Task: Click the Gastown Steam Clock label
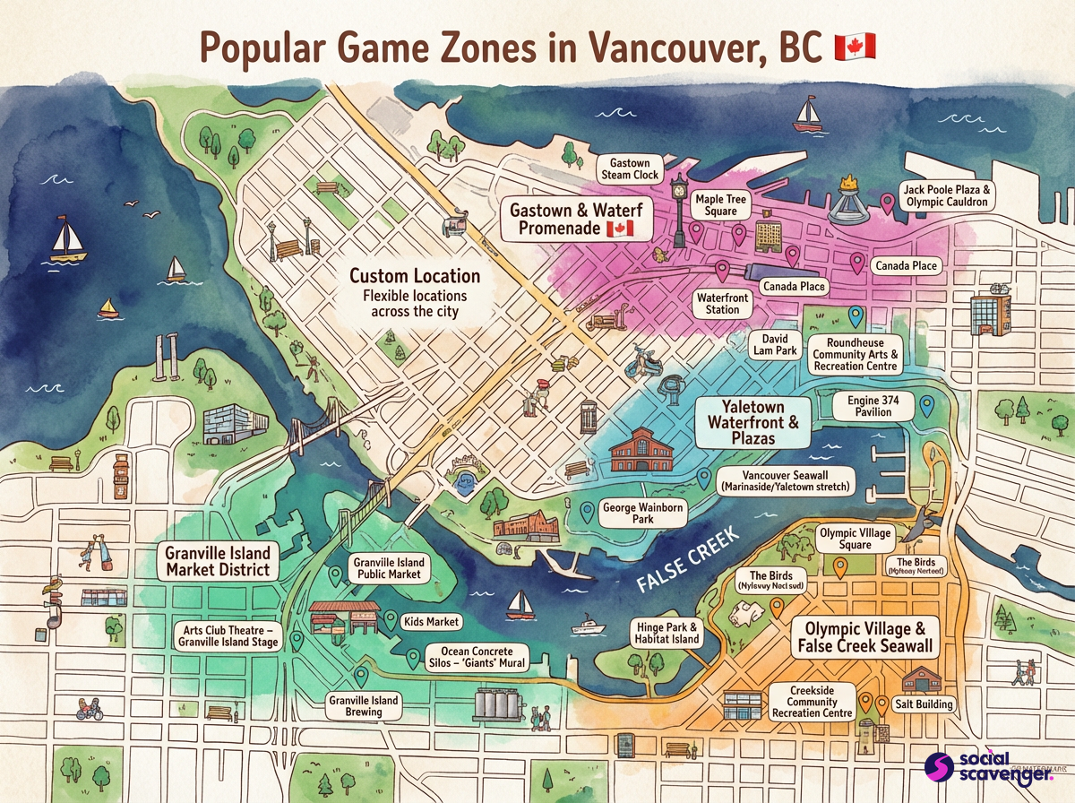[629, 169]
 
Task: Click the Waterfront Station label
[718, 303]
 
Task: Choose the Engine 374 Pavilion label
[873, 405]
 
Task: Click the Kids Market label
[433, 621]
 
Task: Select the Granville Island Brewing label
[364, 705]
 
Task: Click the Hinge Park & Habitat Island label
[666, 633]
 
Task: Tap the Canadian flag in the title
[855, 47]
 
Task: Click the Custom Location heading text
[414, 276]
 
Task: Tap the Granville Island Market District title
[217, 560]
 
